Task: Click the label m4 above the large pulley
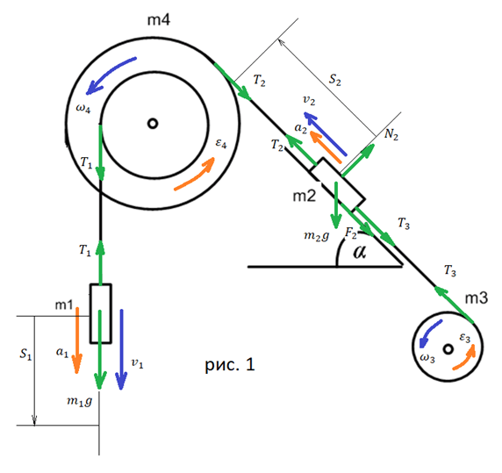click(x=159, y=20)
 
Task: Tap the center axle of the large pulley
click(x=153, y=124)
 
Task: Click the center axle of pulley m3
click(x=448, y=349)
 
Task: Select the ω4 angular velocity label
click(x=83, y=108)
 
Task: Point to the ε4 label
click(x=221, y=143)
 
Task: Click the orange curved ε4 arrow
click(x=194, y=174)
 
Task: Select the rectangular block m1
click(x=101, y=313)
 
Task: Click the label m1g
click(x=79, y=401)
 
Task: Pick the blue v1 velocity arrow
click(x=121, y=349)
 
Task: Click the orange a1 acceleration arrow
click(x=77, y=340)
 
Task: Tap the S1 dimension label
click(x=25, y=354)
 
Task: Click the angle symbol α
click(x=360, y=252)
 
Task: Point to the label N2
click(x=391, y=134)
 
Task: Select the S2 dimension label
click(x=335, y=80)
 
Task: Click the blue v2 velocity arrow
click(x=325, y=133)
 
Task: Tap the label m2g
click(x=316, y=236)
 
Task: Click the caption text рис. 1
click(x=230, y=364)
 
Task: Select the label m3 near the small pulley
click(x=477, y=298)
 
